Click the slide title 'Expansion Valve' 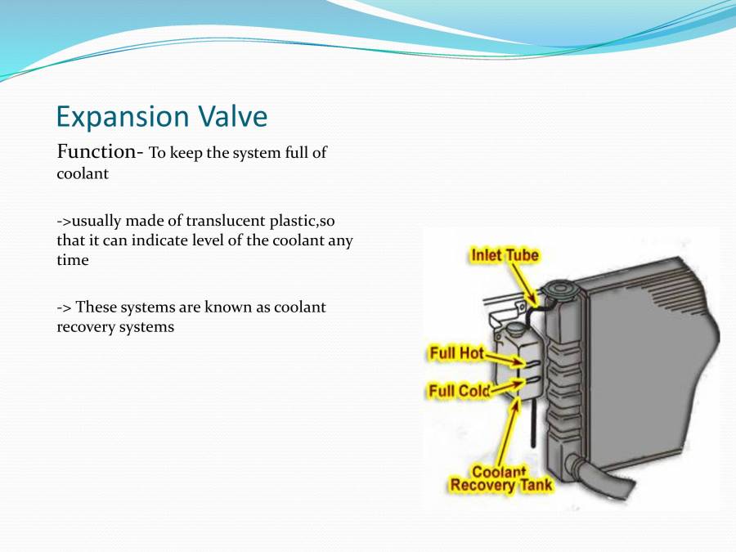(x=161, y=117)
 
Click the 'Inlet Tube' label (x=504, y=255)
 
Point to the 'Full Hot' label (x=456, y=354)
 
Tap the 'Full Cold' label (x=459, y=391)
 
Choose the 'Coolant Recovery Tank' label (x=500, y=479)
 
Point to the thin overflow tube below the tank (x=532, y=425)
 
